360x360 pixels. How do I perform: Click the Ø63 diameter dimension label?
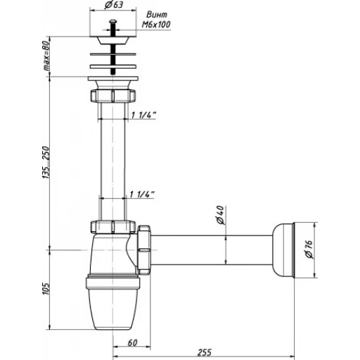114,5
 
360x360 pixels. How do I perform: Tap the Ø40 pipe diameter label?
221,215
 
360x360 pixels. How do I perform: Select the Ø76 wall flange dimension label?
309,250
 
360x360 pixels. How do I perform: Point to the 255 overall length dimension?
205,352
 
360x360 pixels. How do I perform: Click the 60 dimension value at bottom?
132,342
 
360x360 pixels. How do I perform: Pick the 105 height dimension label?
46,288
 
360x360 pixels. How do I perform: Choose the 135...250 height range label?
46,162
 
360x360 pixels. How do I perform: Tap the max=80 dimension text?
46,56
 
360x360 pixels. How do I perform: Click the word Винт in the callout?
157,15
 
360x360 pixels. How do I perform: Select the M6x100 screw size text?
156,25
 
